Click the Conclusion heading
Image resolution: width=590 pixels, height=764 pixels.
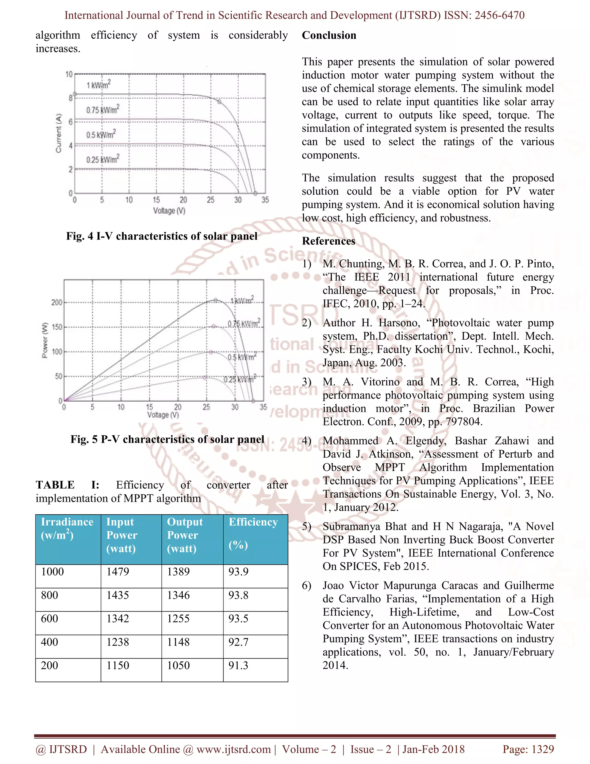click(329, 35)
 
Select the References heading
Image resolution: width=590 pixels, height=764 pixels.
click(328, 241)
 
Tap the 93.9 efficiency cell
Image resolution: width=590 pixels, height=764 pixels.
click(238, 572)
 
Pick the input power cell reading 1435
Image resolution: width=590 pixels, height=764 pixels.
click(118, 595)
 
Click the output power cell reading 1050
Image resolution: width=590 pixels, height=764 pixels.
click(178, 665)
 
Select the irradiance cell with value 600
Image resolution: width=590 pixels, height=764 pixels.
click(50, 618)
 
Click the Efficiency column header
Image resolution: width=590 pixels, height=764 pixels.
click(253, 522)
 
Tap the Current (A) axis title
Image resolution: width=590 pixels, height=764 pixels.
click(59, 133)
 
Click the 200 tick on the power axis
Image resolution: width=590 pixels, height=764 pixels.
click(57, 302)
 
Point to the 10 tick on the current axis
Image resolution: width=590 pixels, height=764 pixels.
click(69, 74)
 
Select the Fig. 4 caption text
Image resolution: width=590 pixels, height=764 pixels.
click(162, 236)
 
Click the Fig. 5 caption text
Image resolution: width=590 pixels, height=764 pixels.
click(167, 439)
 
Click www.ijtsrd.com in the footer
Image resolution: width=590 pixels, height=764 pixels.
click(233, 749)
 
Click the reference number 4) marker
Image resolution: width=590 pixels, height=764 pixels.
click(307, 441)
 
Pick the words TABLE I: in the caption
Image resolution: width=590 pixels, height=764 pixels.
click(67, 485)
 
